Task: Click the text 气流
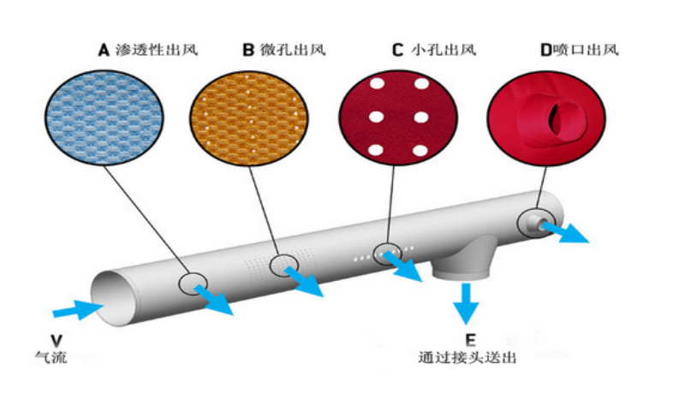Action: (51, 358)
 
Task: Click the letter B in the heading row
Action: (248, 50)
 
